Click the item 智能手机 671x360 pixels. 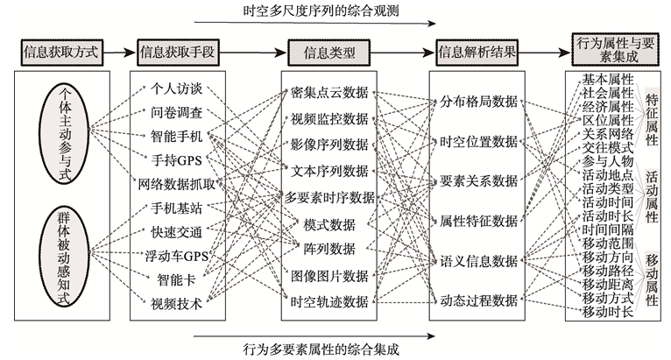pos(177,136)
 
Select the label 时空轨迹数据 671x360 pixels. pos(329,300)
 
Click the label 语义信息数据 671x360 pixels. pos(478,260)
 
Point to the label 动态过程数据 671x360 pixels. pos(478,300)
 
